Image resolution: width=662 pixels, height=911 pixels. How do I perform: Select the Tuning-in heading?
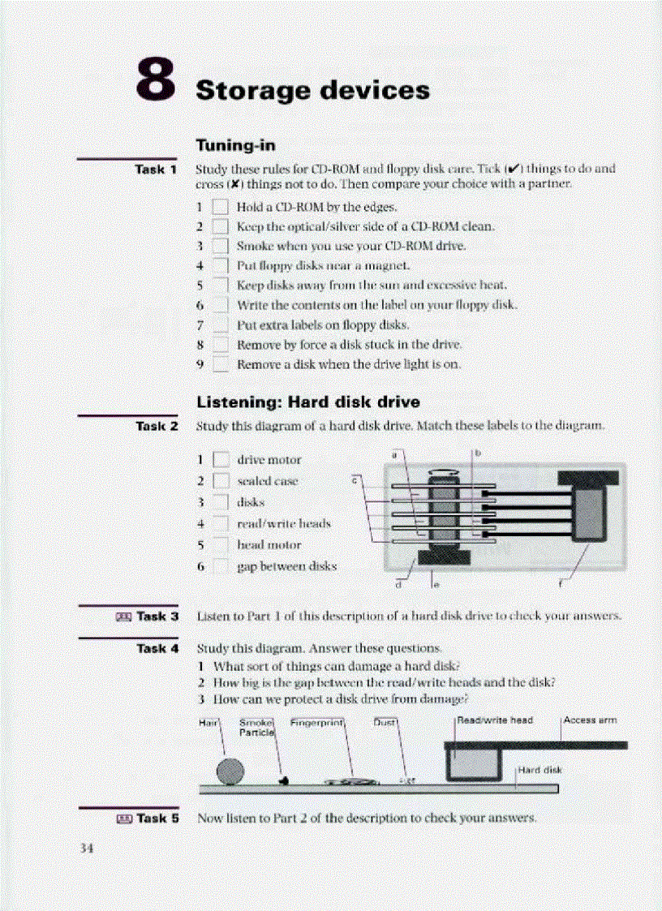click(236, 146)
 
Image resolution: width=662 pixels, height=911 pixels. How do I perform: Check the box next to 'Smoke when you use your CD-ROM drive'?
click(221, 246)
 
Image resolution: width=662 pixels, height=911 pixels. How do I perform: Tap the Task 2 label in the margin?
click(157, 425)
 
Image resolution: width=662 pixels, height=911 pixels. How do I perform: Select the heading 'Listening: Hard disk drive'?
click(309, 402)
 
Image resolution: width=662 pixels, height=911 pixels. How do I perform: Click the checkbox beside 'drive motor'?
click(221, 461)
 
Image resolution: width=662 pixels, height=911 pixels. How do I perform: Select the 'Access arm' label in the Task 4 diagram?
click(590, 720)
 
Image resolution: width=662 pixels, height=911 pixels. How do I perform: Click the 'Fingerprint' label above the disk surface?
click(318, 720)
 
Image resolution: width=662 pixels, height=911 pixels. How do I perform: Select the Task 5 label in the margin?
click(157, 819)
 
